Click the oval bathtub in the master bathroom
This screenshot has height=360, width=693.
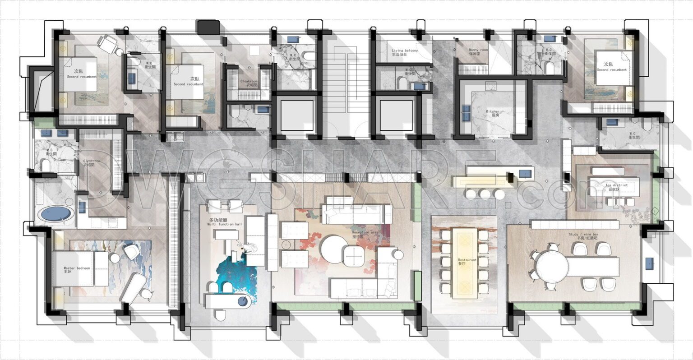[56, 214]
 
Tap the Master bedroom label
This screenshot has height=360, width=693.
[77, 269]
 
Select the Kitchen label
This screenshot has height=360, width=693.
[492, 113]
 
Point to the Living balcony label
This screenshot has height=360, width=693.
[405, 52]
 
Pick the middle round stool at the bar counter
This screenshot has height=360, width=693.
[485, 194]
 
